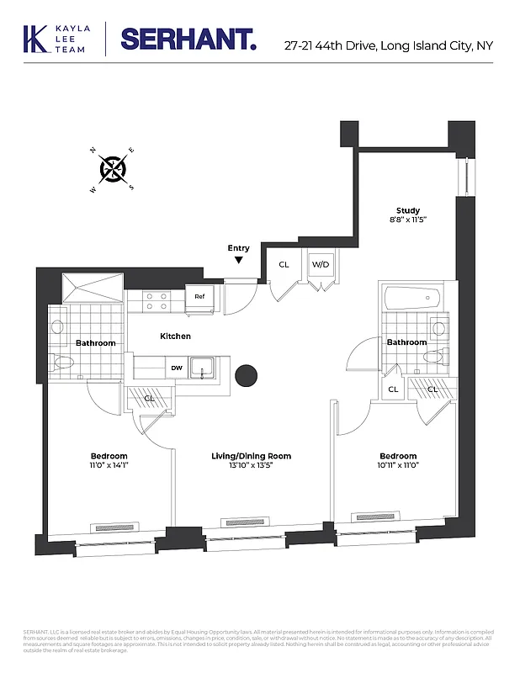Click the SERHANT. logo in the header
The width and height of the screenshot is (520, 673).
pyautogui.click(x=188, y=38)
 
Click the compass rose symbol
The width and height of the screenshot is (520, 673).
pyautogui.click(x=113, y=170)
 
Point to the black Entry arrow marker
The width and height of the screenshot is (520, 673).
pyautogui.click(x=239, y=260)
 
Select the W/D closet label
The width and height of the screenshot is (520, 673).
pyautogui.click(x=321, y=264)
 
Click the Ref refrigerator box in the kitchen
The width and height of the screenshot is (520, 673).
pyautogui.click(x=199, y=296)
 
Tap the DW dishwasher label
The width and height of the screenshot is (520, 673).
pyautogui.click(x=177, y=368)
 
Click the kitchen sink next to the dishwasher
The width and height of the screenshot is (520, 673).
pyautogui.click(x=202, y=368)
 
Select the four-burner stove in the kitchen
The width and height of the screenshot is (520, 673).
pyautogui.click(x=155, y=301)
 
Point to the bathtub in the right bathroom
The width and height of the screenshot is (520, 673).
pyautogui.click(x=408, y=298)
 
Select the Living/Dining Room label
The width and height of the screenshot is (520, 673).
pyautogui.click(x=251, y=456)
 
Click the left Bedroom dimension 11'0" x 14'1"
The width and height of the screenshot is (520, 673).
pyautogui.click(x=109, y=465)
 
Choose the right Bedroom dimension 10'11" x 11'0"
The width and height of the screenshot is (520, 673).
pyautogui.click(x=397, y=465)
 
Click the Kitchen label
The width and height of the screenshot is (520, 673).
pyautogui.click(x=175, y=336)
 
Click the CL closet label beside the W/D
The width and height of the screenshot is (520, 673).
pyautogui.click(x=284, y=264)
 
